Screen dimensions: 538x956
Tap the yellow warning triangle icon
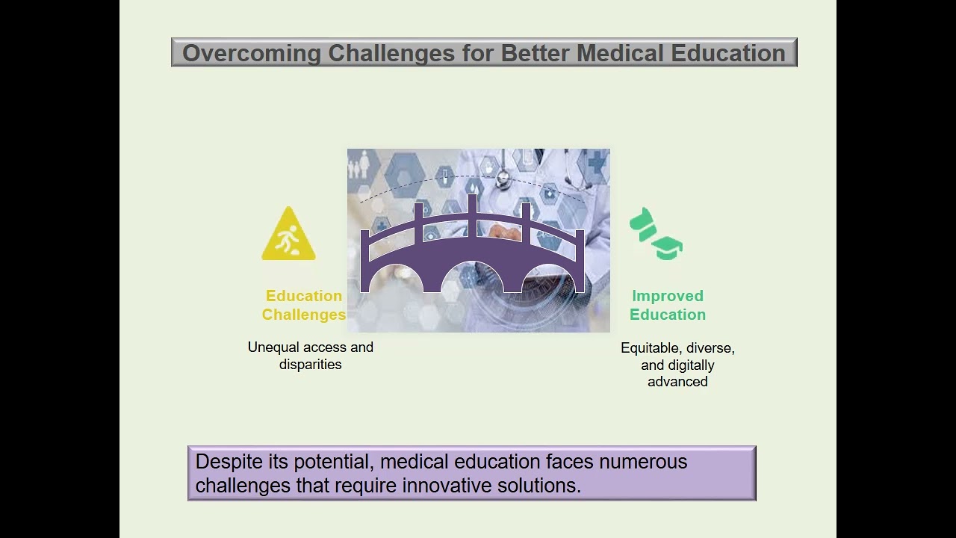(x=289, y=235)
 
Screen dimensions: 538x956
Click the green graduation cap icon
(x=657, y=235)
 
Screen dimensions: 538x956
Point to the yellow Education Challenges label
(x=304, y=306)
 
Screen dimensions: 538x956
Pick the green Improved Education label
(x=668, y=306)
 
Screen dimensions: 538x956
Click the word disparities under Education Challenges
(x=310, y=365)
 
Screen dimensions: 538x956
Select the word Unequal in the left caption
(x=273, y=347)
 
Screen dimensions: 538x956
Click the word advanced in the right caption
(x=677, y=382)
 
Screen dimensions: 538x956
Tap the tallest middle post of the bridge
(x=472, y=209)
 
